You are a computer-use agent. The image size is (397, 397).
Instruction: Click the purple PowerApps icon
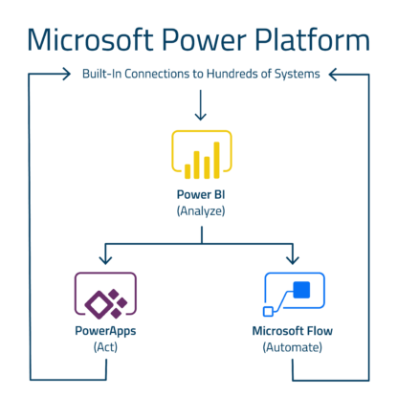(x=105, y=296)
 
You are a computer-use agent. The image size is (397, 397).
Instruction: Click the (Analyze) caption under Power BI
(x=201, y=210)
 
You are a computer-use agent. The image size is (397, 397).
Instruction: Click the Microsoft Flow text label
(x=293, y=331)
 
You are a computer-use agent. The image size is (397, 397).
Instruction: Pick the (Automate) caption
(x=293, y=346)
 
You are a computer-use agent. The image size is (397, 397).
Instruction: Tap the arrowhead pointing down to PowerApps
(x=105, y=260)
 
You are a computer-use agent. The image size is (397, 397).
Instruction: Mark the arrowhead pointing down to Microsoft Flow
(x=293, y=260)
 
